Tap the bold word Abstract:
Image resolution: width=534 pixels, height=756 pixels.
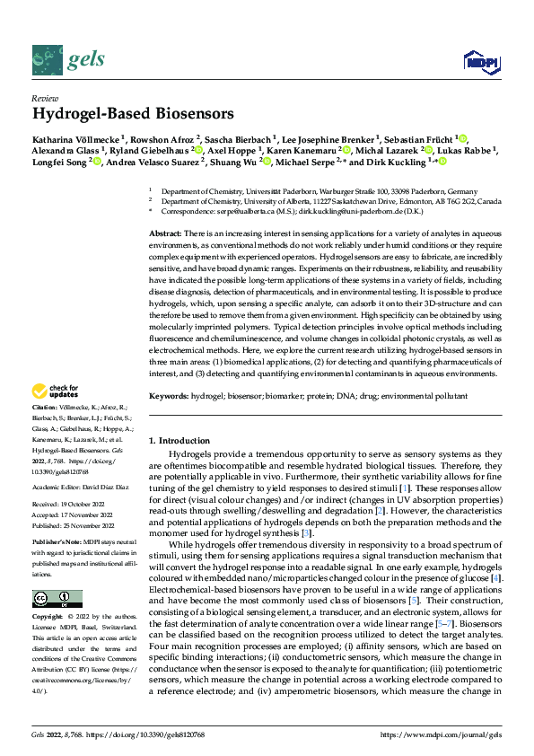coord(166,233)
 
